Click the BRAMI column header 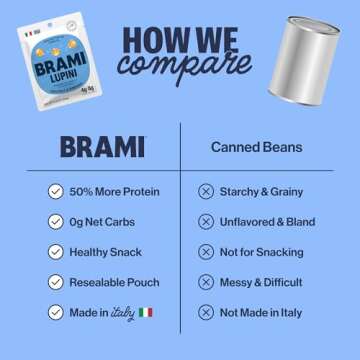[101, 147]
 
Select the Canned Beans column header [257, 147]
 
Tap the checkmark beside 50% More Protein [55, 191]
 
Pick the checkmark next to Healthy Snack [55, 252]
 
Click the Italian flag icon [146, 312]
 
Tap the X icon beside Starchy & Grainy [206, 191]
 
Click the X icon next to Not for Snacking [206, 252]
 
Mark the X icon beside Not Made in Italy [206, 312]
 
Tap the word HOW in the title [151, 36]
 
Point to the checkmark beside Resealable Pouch [55, 282]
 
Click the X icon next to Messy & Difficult [206, 282]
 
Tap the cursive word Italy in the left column [124, 312]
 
